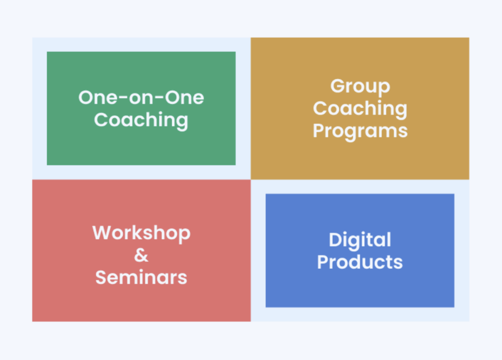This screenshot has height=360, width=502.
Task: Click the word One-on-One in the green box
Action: [141, 98]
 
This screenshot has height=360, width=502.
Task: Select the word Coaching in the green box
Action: [141, 121]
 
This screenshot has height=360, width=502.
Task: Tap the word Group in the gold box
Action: [360, 87]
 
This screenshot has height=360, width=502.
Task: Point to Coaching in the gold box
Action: [360, 108]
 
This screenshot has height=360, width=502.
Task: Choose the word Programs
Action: [360, 131]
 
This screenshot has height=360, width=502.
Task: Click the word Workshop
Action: [141, 233]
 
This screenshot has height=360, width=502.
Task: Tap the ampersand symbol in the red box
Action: [141, 255]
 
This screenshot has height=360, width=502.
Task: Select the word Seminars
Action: [141, 277]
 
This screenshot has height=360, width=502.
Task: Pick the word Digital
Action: [360, 240]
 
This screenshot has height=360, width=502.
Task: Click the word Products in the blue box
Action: [360, 262]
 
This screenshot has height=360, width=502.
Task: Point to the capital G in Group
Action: [337, 86]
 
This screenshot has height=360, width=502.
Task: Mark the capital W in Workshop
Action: [101, 232]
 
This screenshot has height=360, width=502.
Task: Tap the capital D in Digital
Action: [335, 240]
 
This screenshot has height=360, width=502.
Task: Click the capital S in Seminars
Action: [100, 277]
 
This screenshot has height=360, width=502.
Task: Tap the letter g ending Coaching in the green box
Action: [182, 122]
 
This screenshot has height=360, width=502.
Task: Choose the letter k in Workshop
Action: [143, 232]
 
